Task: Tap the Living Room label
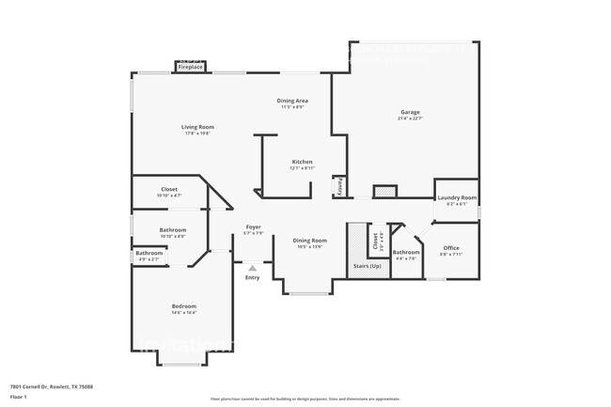197,127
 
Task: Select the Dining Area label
292,101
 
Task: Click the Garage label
410,112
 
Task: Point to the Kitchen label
302,162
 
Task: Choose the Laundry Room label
457,197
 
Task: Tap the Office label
452,248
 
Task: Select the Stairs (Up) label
367,266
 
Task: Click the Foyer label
253,227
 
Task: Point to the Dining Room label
309,241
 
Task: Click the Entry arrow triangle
252,268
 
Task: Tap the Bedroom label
183,306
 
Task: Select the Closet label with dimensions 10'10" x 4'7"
169,189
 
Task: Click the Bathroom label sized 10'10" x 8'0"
172,230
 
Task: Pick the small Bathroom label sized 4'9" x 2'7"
149,252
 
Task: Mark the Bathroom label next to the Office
406,252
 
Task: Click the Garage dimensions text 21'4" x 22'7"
410,118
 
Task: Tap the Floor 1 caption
19,397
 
